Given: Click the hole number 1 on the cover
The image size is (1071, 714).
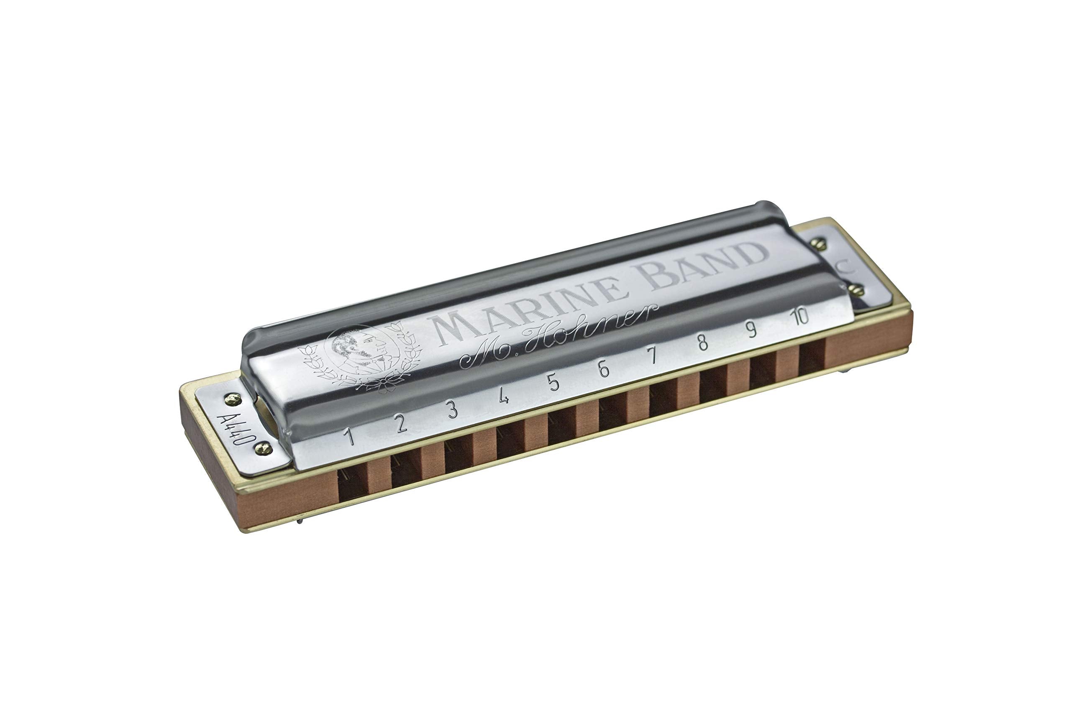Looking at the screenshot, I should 349,436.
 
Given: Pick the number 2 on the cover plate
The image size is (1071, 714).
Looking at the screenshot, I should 401,423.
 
